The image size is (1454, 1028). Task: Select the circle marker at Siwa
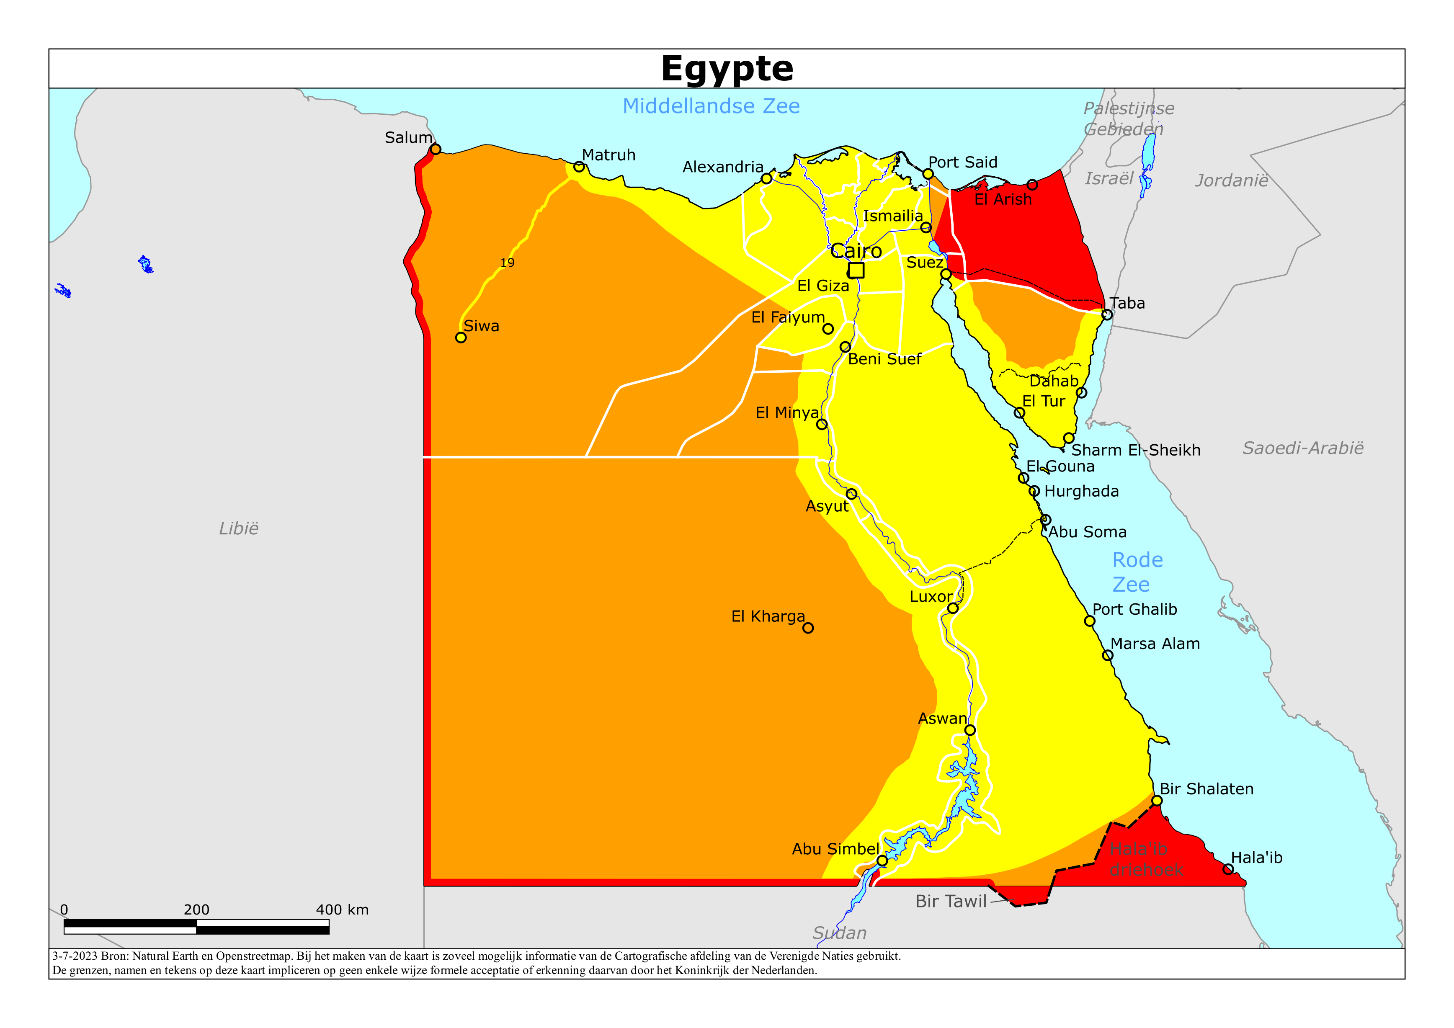(x=461, y=338)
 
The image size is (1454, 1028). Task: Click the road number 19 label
(x=507, y=263)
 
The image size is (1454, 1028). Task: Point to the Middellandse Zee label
(x=711, y=106)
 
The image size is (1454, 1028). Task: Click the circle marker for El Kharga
(x=808, y=628)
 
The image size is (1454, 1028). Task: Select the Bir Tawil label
(x=951, y=901)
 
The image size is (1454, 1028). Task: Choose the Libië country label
(x=239, y=528)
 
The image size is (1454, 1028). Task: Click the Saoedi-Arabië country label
(x=1303, y=448)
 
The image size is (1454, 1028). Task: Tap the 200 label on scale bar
(x=196, y=909)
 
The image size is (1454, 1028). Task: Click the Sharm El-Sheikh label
(x=1135, y=450)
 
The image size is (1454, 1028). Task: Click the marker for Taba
(x=1107, y=314)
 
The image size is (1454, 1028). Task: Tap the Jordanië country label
(x=1232, y=180)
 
